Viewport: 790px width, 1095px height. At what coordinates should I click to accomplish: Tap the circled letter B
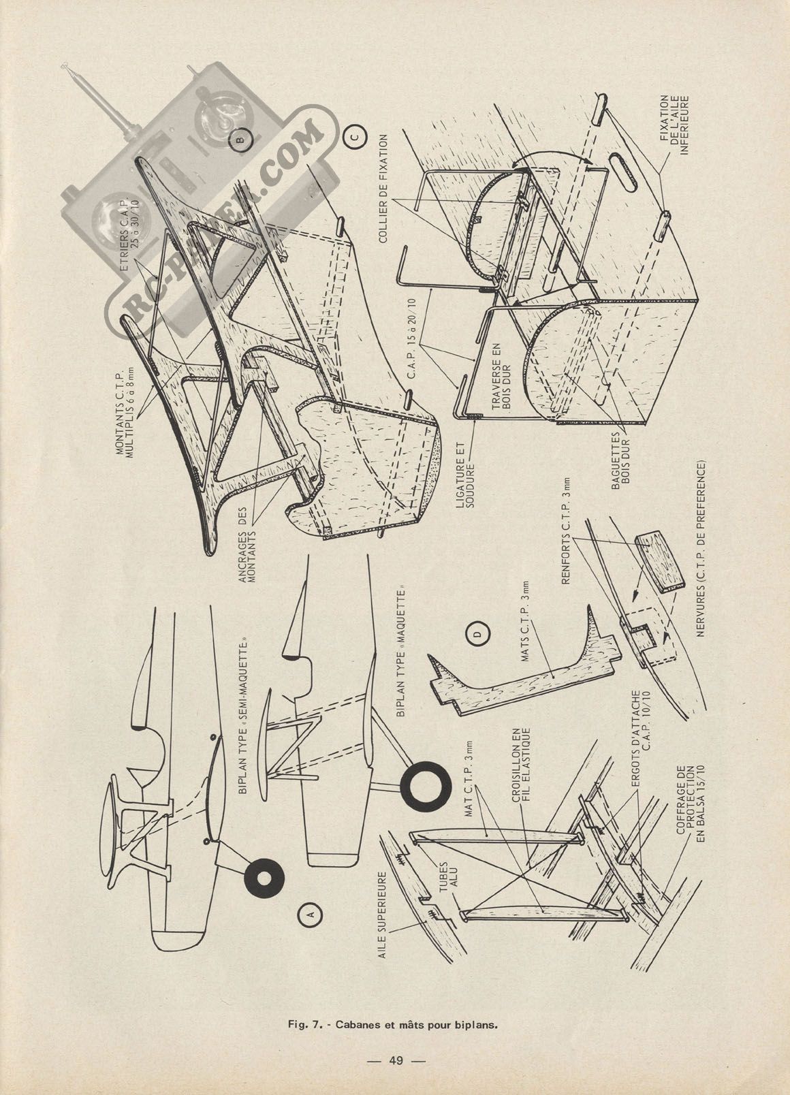[240, 140]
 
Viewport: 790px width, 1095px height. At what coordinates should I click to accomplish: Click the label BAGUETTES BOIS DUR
[620, 460]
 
